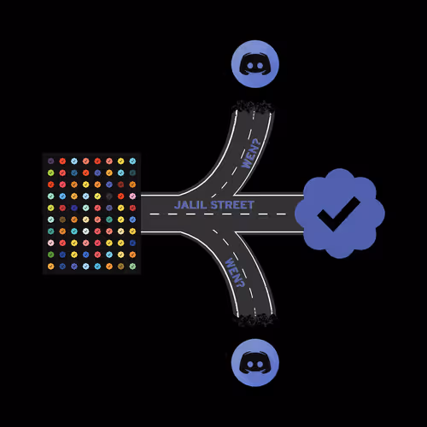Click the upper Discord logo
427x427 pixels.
[255, 64]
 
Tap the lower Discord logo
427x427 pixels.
[255, 363]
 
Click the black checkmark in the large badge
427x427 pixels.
[338, 213]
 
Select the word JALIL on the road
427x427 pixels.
[190, 205]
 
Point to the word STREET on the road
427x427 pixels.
[232, 205]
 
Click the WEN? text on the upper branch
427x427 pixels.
[251, 154]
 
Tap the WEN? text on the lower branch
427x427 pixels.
[235, 272]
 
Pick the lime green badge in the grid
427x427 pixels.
[51, 173]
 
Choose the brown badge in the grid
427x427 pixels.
[62, 219]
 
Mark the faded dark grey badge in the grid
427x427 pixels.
[109, 196]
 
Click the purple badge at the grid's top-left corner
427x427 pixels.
[51, 161]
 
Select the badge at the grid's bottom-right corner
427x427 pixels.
[132, 266]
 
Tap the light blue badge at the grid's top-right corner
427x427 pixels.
[132, 161]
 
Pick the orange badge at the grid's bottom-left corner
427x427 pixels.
[51, 266]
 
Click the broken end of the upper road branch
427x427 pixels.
[253, 107]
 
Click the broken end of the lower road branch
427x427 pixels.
[254, 319]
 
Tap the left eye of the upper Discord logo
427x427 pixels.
[250, 66]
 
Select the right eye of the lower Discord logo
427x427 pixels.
[260, 365]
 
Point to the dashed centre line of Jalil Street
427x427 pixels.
[218, 214]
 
